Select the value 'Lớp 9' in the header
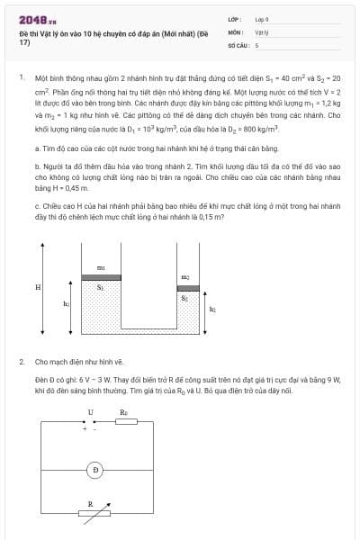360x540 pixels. pyautogui.click(x=262, y=18)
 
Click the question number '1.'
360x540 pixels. pyautogui.click(x=21, y=78)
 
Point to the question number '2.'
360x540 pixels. pyautogui.click(x=21, y=362)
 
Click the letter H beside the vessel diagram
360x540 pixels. pyautogui.click(x=38, y=287)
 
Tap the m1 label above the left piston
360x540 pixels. pyautogui.click(x=101, y=268)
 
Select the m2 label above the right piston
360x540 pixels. pyautogui.click(x=185, y=276)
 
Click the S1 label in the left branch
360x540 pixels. pyautogui.click(x=101, y=288)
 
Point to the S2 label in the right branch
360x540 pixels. pyautogui.click(x=185, y=297)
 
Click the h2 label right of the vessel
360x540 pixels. pyautogui.click(x=212, y=309)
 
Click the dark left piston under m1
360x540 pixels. pyautogui.click(x=101, y=277)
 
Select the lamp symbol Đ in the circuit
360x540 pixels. pyautogui.click(x=95, y=470)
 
